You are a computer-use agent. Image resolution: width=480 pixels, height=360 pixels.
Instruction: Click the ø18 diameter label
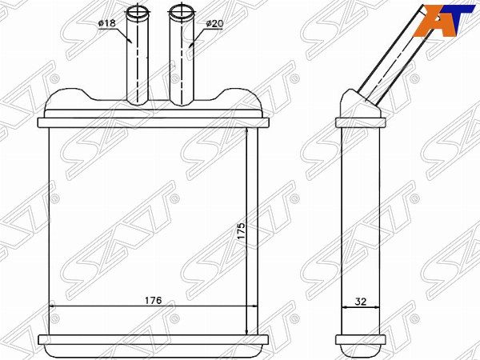click(x=107, y=23)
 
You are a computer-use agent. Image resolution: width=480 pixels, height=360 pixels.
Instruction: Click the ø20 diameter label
click(x=214, y=23)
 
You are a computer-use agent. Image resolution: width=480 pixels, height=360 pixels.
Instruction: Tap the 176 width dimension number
click(x=153, y=300)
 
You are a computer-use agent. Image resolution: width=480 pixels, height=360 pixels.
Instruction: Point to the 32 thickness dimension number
click(x=361, y=302)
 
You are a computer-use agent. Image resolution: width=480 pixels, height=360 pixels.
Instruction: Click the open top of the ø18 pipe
click(x=138, y=12)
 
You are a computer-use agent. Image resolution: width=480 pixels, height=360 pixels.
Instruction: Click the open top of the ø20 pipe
click(x=182, y=12)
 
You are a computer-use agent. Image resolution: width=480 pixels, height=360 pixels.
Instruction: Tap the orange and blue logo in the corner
click(x=443, y=21)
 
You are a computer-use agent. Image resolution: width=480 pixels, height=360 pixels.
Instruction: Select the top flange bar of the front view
click(x=153, y=122)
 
